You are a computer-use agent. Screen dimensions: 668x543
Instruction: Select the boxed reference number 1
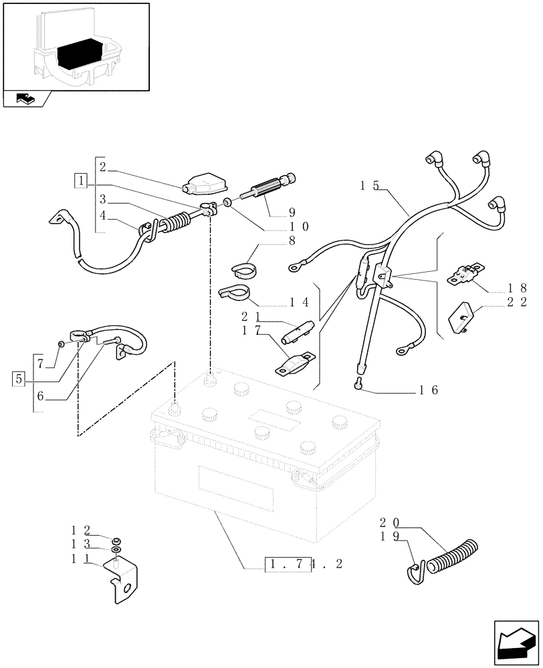81,180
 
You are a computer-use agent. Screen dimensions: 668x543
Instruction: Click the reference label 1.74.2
304,564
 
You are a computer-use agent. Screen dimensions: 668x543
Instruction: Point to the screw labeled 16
359,383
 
